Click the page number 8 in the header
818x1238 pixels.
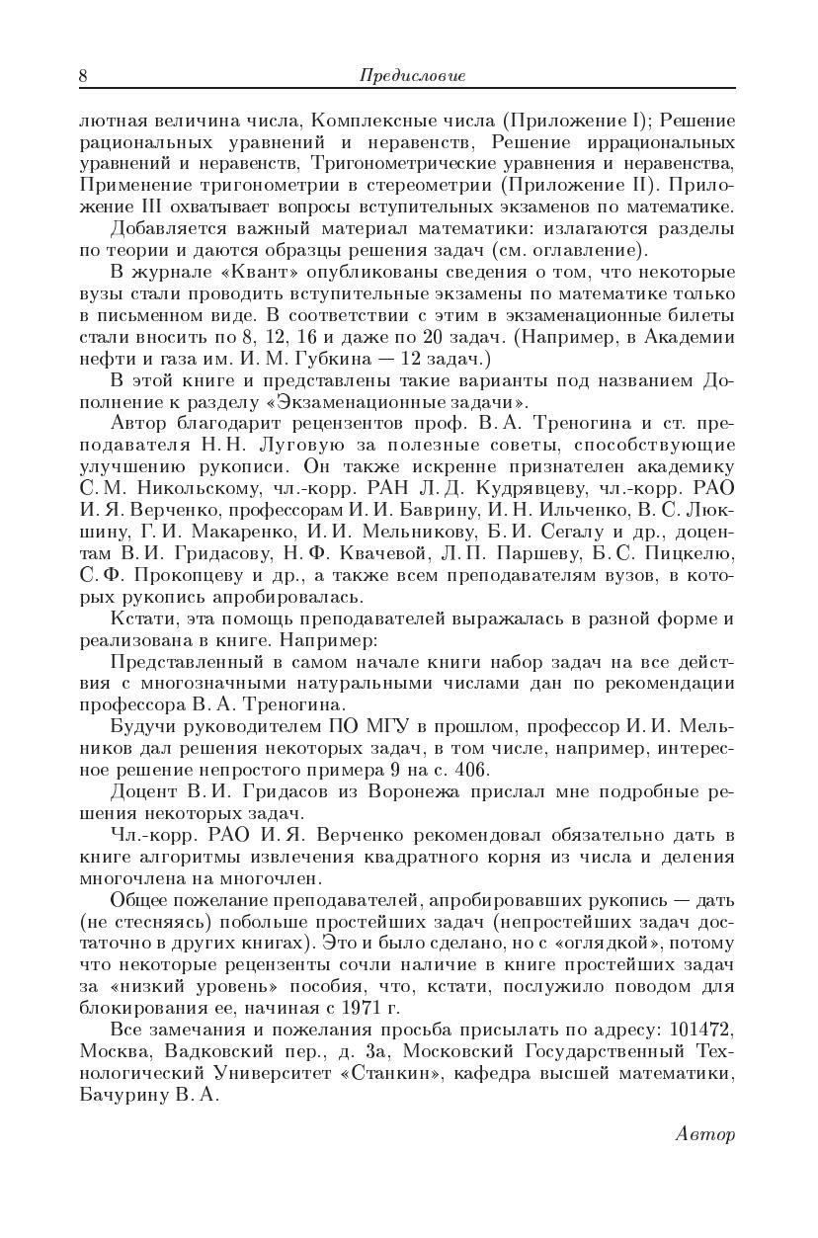[83, 76]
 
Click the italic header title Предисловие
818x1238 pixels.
[413, 76]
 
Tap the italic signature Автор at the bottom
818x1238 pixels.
[706, 1134]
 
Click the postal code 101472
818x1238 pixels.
[701, 1031]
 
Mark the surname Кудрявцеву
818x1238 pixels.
[511, 488]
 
